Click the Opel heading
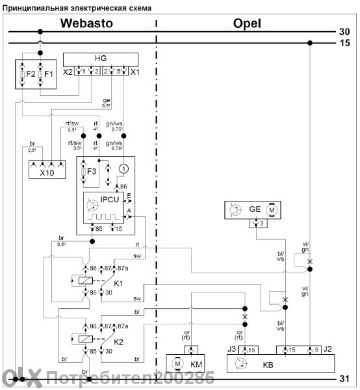pyautogui.click(x=246, y=23)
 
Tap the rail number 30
pyautogui.click(x=345, y=31)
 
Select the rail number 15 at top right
pyautogui.click(x=345, y=44)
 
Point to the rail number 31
pyautogui.click(x=345, y=378)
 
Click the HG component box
pyautogui.click(x=100, y=58)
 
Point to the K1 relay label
pyautogui.click(x=119, y=284)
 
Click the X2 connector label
pyautogui.click(x=68, y=71)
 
